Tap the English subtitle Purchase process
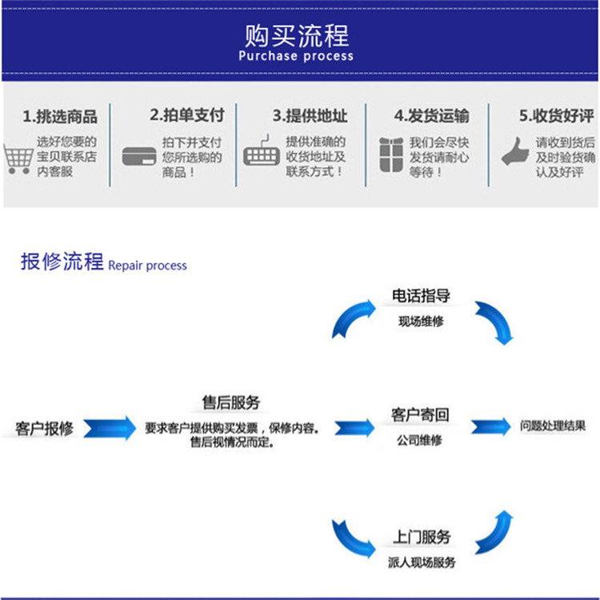296,56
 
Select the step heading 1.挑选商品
60,117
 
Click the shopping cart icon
18,158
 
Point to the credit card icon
138,156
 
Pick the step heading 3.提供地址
310,116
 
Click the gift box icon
391,154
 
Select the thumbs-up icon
516,151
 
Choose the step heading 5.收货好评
556,116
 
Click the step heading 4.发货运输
432,116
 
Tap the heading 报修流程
62,262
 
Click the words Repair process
147,265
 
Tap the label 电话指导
421,296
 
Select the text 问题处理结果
552,426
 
